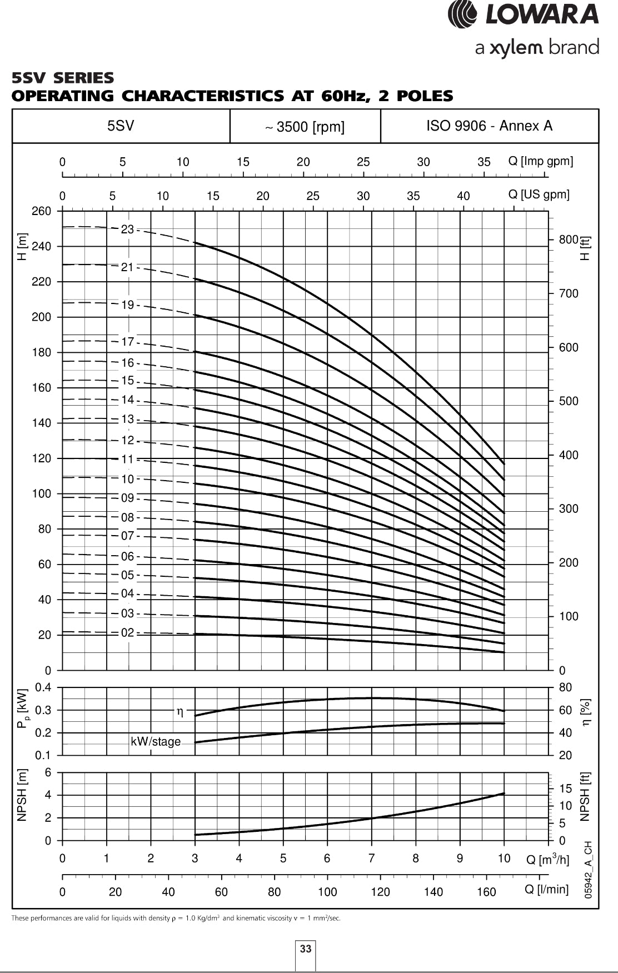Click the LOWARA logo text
click(x=541, y=14)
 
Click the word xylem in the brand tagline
click(x=517, y=48)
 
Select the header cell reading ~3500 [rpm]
click(x=305, y=127)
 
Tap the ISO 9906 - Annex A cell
click(x=489, y=126)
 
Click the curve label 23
click(x=127, y=229)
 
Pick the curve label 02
click(x=127, y=632)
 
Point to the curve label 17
click(x=127, y=342)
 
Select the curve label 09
click(x=127, y=498)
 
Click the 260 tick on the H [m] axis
click(x=41, y=211)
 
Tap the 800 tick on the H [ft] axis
click(x=569, y=239)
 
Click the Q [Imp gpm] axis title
click(x=540, y=161)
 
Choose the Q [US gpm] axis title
click(x=539, y=194)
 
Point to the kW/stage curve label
click(x=156, y=741)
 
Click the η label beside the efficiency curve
click(x=180, y=711)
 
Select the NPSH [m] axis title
click(x=22, y=796)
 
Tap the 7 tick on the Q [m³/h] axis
click(x=371, y=858)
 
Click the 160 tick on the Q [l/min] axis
click(x=486, y=892)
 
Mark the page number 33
click(x=306, y=949)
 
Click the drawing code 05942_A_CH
click(x=589, y=870)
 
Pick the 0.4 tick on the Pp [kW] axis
click(x=43, y=687)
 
